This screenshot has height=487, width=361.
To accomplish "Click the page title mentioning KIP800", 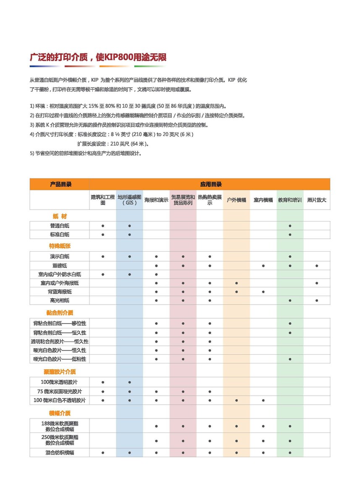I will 98,58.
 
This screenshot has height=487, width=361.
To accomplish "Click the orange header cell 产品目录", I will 60,184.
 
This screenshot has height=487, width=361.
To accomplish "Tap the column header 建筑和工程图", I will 103,200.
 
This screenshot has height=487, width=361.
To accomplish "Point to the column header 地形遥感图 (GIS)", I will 130,200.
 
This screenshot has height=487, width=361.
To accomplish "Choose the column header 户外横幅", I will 236,200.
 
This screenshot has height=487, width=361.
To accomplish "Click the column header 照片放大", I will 317,200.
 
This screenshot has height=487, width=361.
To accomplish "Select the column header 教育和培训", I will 290,200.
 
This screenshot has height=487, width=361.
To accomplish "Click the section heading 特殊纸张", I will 60,246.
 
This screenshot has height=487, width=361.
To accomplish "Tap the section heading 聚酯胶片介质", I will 60,372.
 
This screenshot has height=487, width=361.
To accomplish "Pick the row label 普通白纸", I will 60,226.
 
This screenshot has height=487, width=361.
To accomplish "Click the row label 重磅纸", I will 60,266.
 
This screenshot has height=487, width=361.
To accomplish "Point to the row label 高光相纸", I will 60,300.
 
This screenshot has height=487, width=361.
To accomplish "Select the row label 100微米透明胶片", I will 60,382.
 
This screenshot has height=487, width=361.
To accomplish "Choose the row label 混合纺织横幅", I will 60,453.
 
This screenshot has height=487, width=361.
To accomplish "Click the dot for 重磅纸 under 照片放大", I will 317,266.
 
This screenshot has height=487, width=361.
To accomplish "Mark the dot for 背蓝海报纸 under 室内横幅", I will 263,292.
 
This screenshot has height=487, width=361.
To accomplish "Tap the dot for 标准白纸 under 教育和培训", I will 290,234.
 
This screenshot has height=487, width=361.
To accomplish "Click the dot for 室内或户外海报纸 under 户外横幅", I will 236,283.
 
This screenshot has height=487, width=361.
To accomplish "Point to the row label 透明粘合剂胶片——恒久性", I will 60,341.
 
